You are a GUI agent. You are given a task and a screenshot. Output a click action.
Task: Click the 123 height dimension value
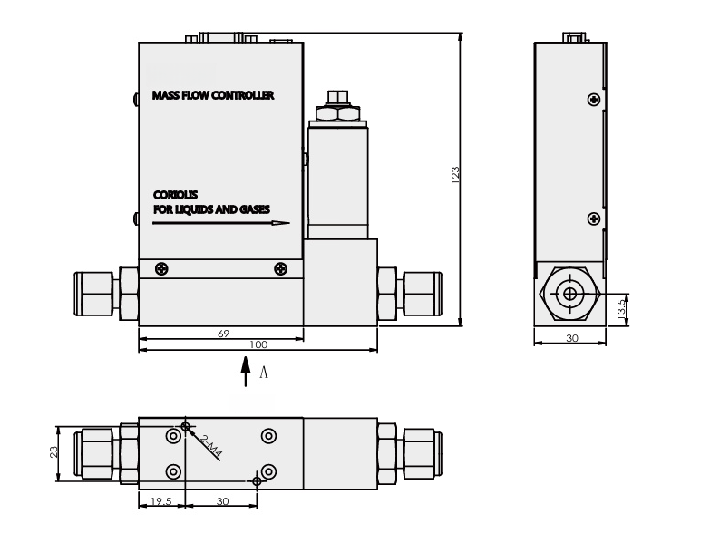tap(455, 175)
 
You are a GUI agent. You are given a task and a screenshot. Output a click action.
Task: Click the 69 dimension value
tap(223, 334)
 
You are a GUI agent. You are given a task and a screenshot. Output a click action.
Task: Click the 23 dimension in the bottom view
tap(54, 451)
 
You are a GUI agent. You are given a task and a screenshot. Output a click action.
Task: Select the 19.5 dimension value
tap(160, 500)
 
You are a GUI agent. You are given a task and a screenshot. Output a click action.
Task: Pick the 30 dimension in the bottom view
tap(221, 500)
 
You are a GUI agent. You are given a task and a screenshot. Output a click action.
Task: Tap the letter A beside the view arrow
tap(264, 372)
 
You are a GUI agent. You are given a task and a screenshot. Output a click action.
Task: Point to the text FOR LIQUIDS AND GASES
tap(210, 208)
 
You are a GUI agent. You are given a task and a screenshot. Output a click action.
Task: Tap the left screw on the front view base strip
tap(161, 268)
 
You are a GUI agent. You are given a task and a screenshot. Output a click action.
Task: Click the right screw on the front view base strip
tap(280, 268)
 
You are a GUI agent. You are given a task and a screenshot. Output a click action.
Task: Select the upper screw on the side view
tap(593, 99)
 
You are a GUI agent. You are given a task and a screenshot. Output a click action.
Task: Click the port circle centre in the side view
tap(569, 295)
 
